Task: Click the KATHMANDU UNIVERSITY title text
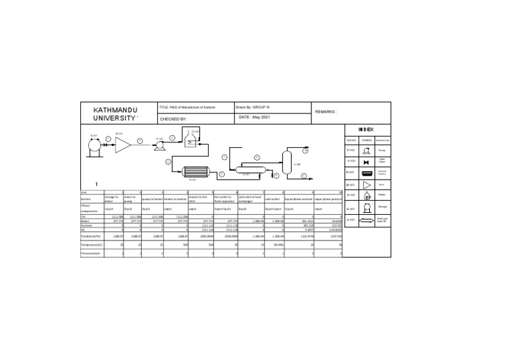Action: click(x=116, y=113)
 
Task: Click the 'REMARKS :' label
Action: click(x=326, y=112)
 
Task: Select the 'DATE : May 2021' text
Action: click(x=254, y=117)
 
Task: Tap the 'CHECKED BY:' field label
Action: click(x=173, y=119)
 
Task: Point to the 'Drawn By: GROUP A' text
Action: click(x=252, y=106)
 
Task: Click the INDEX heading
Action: click(x=367, y=129)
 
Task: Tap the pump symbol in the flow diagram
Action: click(x=159, y=147)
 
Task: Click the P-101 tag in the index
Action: click(x=351, y=150)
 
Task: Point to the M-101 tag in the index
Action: click(x=351, y=184)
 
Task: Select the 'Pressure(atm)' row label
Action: click(x=89, y=253)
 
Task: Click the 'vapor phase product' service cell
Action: click(x=327, y=198)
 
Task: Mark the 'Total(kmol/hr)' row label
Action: click(x=90, y=235)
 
